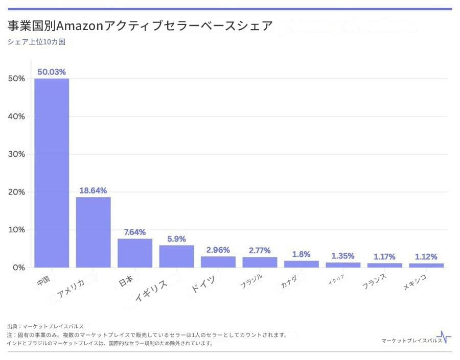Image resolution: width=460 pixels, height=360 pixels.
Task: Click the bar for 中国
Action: point(52,173)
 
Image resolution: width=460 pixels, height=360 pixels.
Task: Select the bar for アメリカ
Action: point(94,232)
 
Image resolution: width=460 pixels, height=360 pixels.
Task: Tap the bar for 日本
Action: point(135,253)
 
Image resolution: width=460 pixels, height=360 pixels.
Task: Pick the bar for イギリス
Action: point(176,256)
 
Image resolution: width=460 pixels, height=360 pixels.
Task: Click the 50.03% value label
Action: point(52,72)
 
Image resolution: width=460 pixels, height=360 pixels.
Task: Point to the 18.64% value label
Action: point(93,190)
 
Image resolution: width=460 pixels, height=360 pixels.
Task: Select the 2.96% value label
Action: point(218,250)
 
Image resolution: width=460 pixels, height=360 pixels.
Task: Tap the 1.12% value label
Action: point(426,257)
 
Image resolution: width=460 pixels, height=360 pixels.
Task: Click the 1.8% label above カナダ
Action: point(301,254)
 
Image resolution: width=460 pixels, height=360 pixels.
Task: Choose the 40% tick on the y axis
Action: point(16,116)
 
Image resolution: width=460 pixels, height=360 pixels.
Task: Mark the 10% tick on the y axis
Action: point(16,230)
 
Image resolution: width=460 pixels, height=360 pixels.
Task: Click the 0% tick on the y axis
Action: point(18,268)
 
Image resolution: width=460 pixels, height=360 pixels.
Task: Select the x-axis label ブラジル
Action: point(251,281)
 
